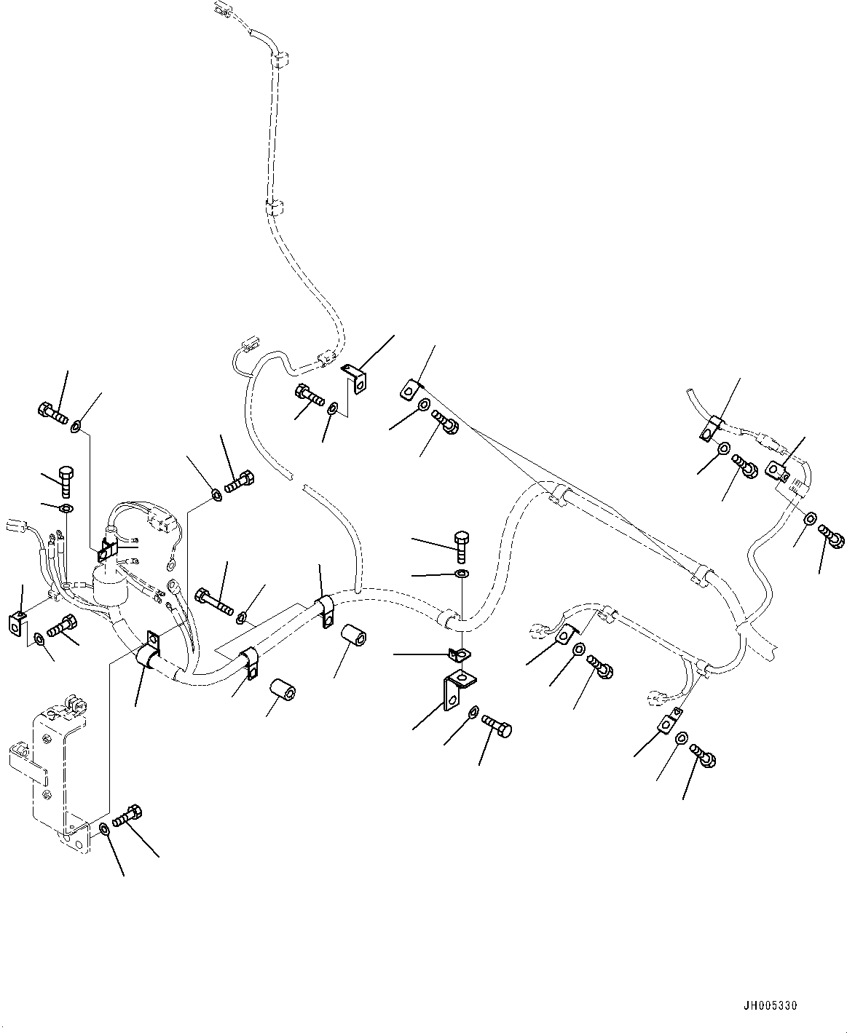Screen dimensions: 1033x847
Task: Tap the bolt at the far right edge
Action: pyautogui.click(x=831, y=537)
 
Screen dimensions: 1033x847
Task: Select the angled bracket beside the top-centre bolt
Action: pyautogui.click(x=357, y=379)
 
